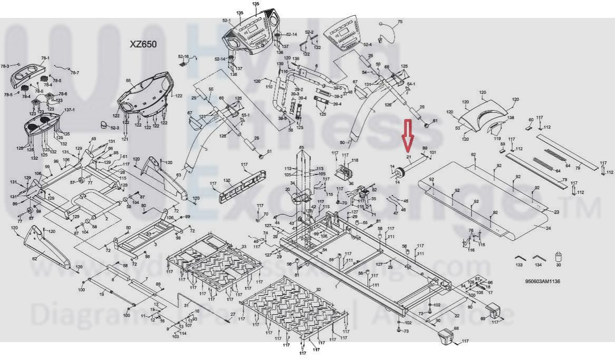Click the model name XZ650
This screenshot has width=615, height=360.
(x=143, y=44)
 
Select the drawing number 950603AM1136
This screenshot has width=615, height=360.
(x=542, y=281)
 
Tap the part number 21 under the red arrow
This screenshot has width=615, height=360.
(x=408, y=157)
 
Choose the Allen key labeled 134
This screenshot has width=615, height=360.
(x=538, y=258)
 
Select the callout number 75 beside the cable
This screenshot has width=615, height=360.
(x=400, y=22)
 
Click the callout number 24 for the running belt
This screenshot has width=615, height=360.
(x=549, y=229)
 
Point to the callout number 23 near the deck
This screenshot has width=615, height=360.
(x=556, y=212)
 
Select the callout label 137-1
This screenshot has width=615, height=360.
(x=69, y=110)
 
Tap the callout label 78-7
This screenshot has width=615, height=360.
(x=75, y=73)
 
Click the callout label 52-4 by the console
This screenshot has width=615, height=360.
(x=368, y=45)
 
